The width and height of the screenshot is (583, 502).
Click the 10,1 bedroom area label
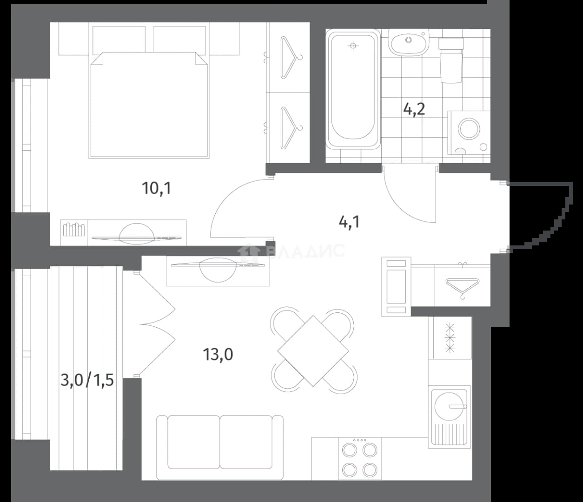157,188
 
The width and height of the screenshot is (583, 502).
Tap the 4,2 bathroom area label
414,109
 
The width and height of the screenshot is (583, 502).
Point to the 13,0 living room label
218,355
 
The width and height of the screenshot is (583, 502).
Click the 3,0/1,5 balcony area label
87,380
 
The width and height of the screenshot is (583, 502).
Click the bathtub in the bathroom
353,89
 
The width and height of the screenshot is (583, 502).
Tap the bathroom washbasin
408,43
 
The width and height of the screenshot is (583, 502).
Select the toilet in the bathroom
451,60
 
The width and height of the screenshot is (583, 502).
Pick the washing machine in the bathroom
469,132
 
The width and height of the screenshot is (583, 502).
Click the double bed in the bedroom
149,105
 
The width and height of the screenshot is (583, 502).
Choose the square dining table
313,351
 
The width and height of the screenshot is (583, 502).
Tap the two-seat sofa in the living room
220,447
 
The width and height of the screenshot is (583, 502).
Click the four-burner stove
360,458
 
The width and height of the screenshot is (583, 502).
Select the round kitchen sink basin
449,407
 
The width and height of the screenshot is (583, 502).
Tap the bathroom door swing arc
400,208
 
